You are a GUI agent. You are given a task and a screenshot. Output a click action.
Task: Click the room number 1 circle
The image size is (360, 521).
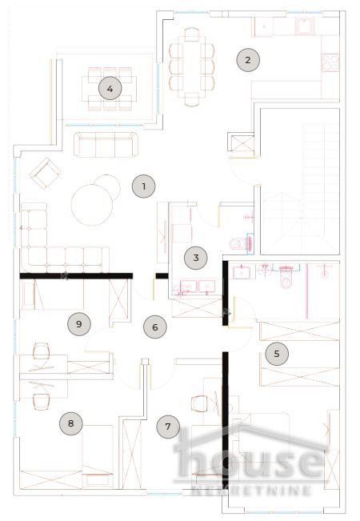click(143, 186)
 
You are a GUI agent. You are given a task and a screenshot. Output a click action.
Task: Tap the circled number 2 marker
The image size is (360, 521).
click(248, 59)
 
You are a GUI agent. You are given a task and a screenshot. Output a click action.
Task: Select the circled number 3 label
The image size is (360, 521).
click(195, 258)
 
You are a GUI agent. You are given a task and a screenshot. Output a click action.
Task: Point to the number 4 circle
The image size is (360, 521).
click(110, 88)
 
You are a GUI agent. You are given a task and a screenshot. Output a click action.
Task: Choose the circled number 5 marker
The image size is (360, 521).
click(277, 353)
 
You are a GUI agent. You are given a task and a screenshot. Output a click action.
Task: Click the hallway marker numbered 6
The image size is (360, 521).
click(155, 326)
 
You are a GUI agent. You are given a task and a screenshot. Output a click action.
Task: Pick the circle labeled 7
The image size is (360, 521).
click(167, 427)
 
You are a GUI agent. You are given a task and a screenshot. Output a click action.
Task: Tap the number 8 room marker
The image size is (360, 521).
click(71, 423)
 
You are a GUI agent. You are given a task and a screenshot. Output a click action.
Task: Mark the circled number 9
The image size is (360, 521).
click(78, 323)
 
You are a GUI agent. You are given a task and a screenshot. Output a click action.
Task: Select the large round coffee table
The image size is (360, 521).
click(94, 203)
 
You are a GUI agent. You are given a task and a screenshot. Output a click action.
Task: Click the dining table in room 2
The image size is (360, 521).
click(192, 66)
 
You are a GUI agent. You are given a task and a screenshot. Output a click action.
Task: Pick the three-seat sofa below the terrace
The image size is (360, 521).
click(105, 145)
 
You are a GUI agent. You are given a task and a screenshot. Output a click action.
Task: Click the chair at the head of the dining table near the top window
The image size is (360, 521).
click(192, 35)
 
